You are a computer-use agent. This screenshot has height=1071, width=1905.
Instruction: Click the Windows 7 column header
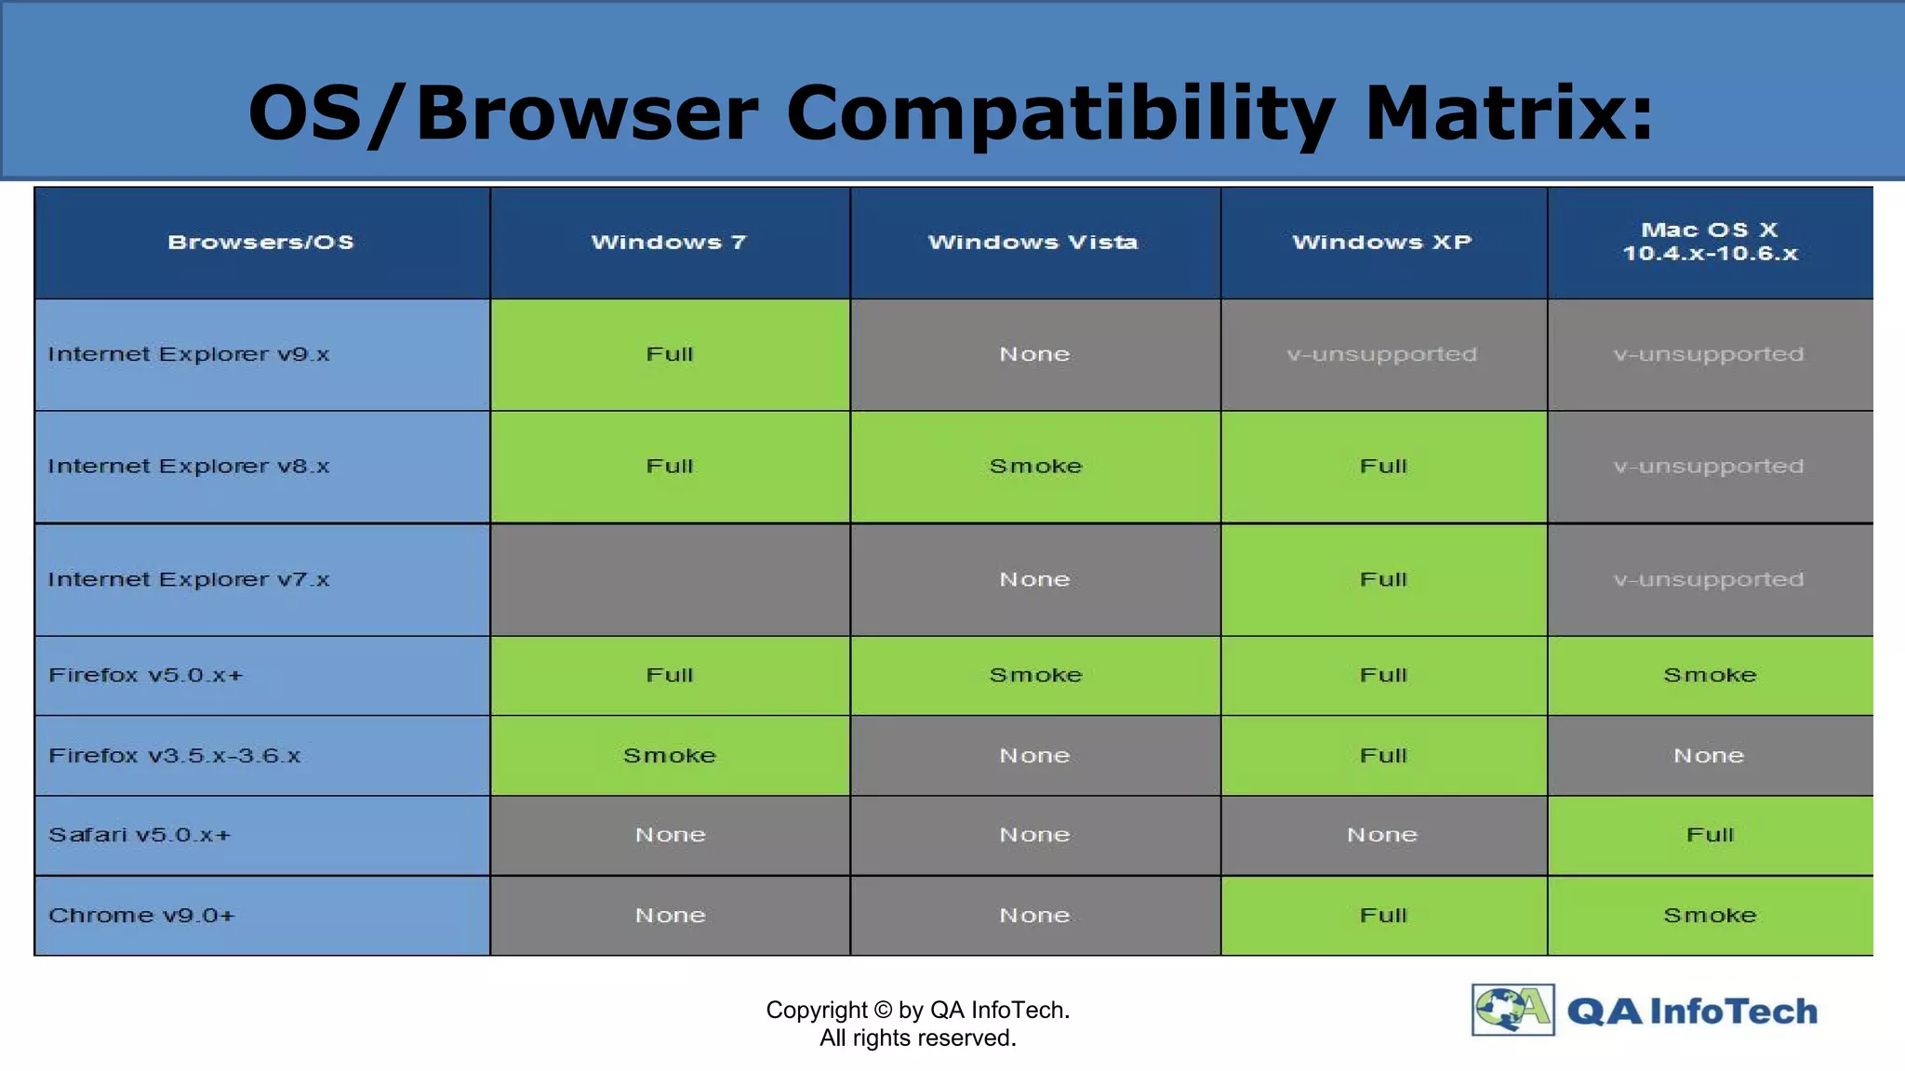[x=670, y=243]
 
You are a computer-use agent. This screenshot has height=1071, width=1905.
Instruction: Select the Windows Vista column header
[x=1033, y=243]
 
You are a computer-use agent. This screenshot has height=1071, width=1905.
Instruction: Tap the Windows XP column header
[x=1382, y=243]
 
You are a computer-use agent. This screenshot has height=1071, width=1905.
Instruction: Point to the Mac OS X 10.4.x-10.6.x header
[x=1710, y=242]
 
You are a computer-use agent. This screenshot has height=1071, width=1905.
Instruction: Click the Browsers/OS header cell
[x=261, y=243]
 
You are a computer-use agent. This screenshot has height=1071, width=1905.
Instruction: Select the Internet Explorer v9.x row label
[x=189, y=354]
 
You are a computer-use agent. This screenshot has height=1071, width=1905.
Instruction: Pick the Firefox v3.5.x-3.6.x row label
[x=175, y=756]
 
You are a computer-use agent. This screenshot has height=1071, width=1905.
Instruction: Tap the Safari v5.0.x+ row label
[x=140, y=835]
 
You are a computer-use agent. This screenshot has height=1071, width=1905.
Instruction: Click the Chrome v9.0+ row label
[x=142, y=916]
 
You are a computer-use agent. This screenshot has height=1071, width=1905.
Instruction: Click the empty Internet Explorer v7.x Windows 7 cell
[x=670, y=579]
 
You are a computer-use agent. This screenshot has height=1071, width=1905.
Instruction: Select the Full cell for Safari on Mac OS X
[x=1710, y=835]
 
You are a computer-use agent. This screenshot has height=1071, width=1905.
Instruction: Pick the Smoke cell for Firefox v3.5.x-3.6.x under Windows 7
[x=670, y=756]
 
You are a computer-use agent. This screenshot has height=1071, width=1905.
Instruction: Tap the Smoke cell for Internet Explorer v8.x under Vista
[x=1035, y=467]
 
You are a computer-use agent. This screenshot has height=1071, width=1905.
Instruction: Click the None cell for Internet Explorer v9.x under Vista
[x=1034, y=354]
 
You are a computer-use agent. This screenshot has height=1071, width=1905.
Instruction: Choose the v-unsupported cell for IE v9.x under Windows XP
[x=1382, y=354]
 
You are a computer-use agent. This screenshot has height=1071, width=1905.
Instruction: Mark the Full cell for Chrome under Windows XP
[x=1383, y=916]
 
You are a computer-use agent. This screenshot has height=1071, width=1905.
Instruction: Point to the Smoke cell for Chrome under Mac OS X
[x=1710, y=916]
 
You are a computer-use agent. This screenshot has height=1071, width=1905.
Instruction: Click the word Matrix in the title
[x=1509, y=113]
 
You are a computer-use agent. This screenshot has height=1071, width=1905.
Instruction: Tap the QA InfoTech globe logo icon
[x=1512, y=1010]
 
